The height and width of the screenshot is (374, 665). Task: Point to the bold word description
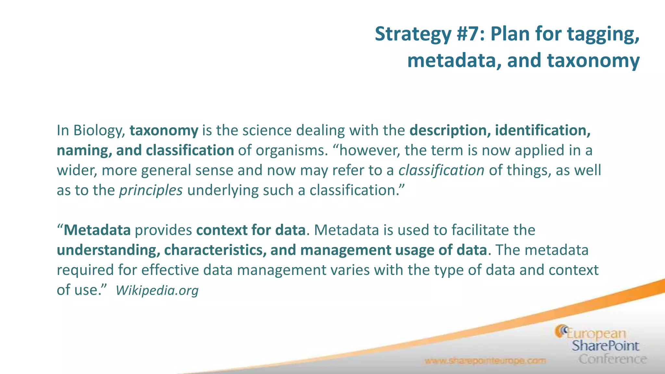(450, 131)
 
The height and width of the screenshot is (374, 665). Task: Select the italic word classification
(441, 170)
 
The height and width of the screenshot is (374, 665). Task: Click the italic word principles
(151, 191)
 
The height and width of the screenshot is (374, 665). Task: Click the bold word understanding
(108, 250)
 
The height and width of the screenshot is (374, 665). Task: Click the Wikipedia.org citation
(157, 290)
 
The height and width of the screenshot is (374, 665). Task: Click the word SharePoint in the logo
(605, 346)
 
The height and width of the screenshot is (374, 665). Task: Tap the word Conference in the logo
(612, 359)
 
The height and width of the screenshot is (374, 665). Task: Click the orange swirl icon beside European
(561, 331)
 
